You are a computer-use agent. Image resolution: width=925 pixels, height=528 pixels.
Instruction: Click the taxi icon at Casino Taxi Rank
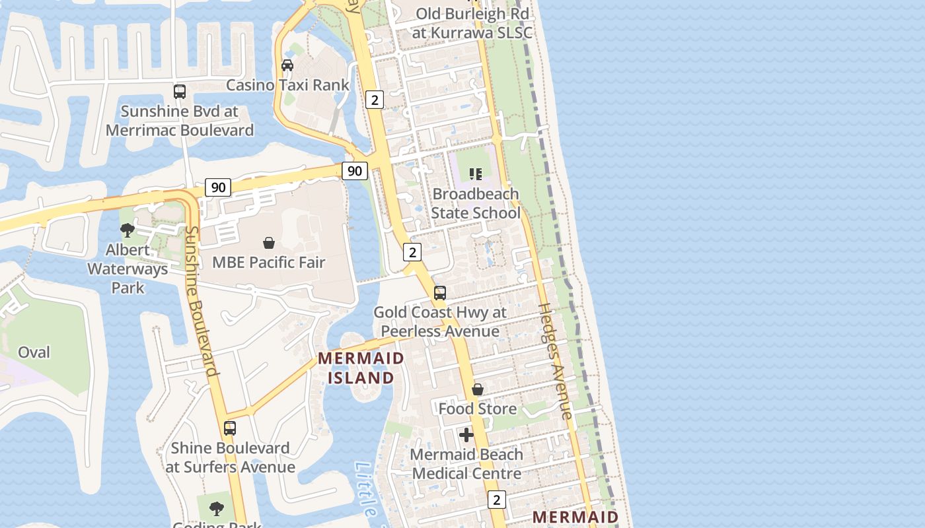(x=287, y=65)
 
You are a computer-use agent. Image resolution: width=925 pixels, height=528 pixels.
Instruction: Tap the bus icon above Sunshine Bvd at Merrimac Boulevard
(x=180, y=92)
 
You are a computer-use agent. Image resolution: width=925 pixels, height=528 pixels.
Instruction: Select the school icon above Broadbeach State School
(x=476, y=174)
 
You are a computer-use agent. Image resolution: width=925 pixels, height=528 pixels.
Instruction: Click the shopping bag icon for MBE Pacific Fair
(x=269, y=243)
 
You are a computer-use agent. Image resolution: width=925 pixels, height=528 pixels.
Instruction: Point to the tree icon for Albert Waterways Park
(x=128, y=230)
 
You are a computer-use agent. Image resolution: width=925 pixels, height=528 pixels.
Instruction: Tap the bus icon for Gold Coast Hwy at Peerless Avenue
(x=440, y=293)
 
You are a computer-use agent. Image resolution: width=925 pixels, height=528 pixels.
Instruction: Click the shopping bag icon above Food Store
(x=478, y=389)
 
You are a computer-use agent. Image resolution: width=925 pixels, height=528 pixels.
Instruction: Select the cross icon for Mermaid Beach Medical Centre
(x=466, y=435)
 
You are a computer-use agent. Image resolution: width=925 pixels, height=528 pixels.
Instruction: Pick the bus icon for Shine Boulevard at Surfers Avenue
(x=230, y=428)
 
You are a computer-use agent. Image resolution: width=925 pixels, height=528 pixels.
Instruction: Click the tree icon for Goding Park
(x=216, y=509)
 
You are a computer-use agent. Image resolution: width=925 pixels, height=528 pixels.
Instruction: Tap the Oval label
(x=34, y=352)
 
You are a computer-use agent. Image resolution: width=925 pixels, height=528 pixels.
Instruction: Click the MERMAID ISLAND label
(x=361, y=368)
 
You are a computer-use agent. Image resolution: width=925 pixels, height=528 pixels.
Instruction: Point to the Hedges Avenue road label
(x=556, y=361)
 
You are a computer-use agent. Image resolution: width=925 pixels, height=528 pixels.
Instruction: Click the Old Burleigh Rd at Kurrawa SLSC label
(x=472, y=23)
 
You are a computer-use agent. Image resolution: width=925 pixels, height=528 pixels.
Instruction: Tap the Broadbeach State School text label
(x=476, y=204)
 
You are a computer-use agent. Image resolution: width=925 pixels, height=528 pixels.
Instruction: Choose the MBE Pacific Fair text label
(x=269, y=263)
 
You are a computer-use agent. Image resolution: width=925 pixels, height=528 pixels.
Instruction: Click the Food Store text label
(x=478, y=409)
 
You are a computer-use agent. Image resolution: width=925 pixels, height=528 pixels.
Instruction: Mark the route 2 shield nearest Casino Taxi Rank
(x=375, y=100)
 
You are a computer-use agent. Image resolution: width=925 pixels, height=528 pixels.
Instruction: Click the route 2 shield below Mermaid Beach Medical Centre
(x=498, y=500)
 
